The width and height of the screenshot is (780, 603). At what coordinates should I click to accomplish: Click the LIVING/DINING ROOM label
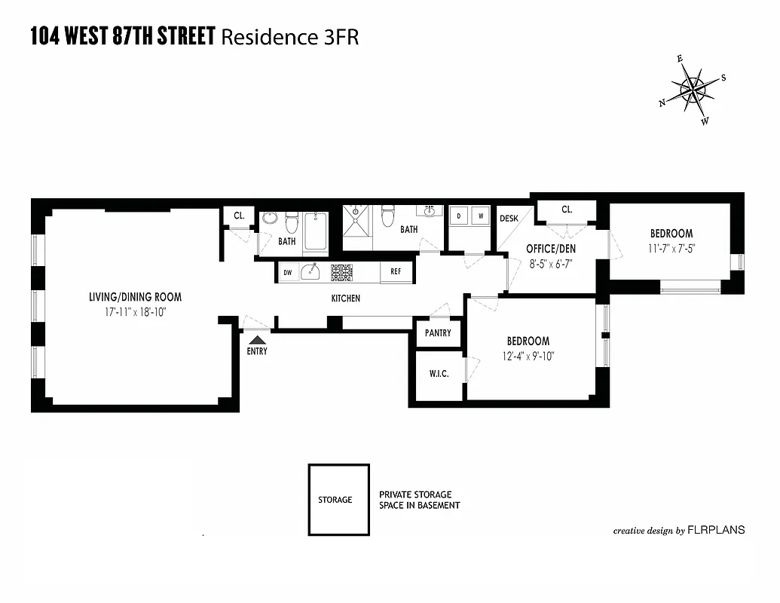click(135, 297)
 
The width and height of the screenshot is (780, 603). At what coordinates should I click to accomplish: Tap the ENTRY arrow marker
click(257, 341)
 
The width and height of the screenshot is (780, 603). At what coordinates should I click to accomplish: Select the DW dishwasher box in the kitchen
click(288, 272)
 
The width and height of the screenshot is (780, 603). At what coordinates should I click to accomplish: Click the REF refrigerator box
click(396, 272)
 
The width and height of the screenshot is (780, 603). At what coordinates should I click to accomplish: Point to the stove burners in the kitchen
click(341, 272)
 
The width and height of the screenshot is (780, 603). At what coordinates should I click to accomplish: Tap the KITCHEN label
click(345, 298)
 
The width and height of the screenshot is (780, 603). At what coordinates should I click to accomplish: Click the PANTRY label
click(438, 333)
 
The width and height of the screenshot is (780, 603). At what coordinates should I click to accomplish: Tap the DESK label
click(509, 219)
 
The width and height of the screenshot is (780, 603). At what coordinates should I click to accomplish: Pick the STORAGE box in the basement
click(338, 499)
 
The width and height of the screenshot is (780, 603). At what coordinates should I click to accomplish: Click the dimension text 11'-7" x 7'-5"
click(670, 248)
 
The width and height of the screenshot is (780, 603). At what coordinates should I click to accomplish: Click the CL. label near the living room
click(239, 216)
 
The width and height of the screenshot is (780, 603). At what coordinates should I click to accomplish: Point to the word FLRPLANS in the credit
click(716, 530)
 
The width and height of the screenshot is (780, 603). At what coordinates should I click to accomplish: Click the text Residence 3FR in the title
click(289, 36)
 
